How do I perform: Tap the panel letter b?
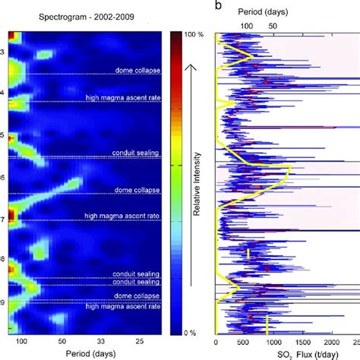point(219,6)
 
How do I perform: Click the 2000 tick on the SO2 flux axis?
point(357,343)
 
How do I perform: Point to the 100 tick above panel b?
point(246,25)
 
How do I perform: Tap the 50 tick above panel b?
point(272,25)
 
